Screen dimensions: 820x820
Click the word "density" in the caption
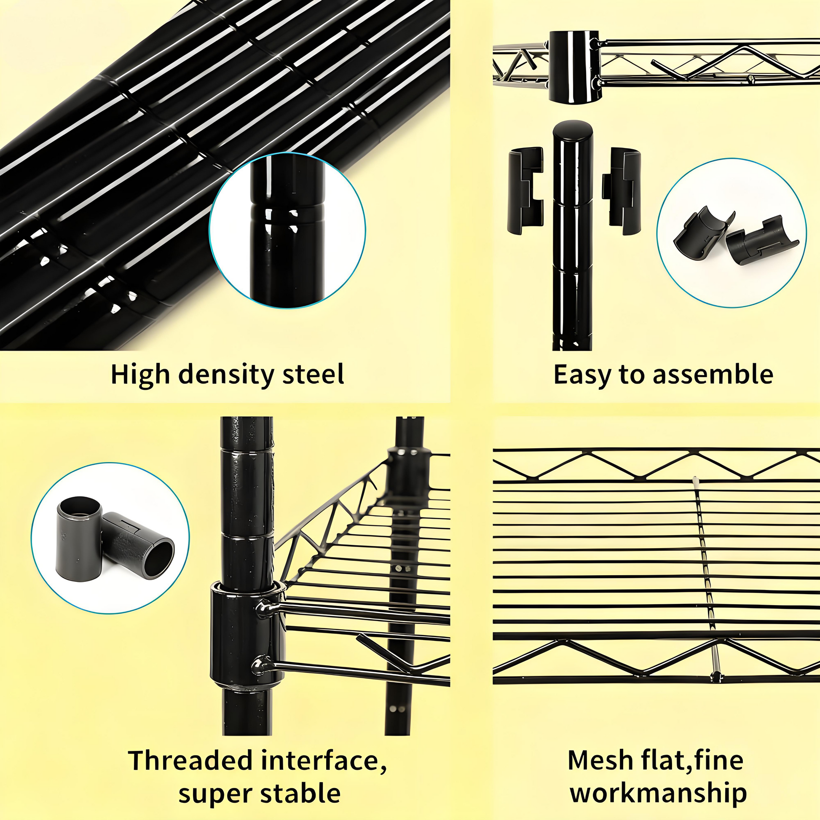point(226,375)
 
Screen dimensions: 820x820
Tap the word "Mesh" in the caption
point(594,761)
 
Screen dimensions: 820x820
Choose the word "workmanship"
point(658,793)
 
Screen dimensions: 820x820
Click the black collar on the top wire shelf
point(574,66)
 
